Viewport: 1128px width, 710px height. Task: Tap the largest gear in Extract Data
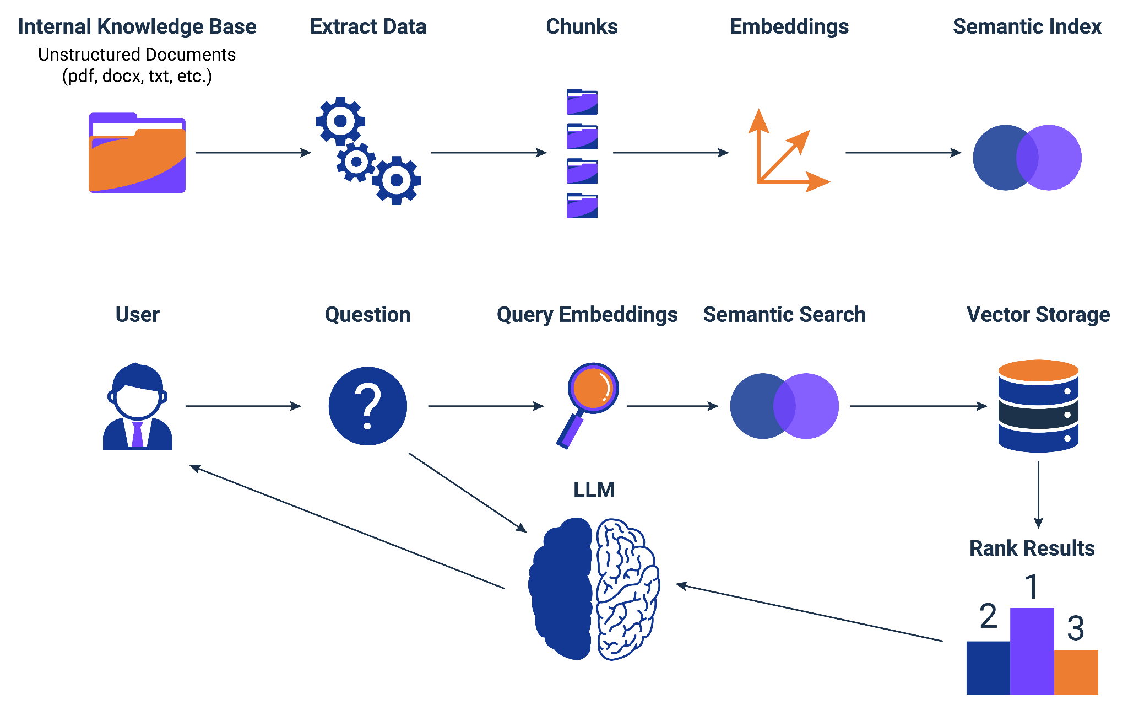397,180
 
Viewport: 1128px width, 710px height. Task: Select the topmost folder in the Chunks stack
582,102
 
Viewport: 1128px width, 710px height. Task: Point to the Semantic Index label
1027,26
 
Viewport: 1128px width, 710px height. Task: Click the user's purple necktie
137,434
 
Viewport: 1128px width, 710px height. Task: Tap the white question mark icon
368,406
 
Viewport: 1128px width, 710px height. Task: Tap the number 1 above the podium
1032,587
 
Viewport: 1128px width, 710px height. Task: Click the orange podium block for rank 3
1076,672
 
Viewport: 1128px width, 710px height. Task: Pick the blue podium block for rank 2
988,667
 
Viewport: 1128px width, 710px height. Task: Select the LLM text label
594,490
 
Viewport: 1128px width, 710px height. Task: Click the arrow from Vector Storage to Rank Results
1038,494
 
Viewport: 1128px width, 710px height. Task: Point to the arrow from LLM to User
347,526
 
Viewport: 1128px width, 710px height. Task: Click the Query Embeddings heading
587,315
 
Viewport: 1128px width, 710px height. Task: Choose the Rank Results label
1032,548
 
